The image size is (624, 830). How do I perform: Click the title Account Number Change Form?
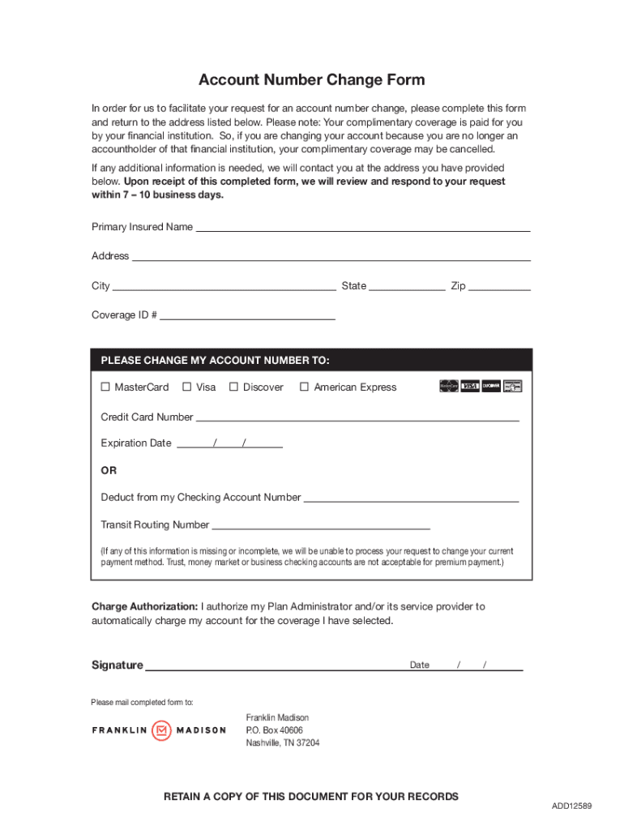coord(311,79)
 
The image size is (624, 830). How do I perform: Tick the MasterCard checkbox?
coord(105,387)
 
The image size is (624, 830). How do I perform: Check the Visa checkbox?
coord(187,387)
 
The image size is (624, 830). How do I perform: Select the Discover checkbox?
coord(234,387)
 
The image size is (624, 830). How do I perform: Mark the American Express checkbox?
coord(305,387)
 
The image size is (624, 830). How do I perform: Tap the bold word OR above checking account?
coord(109,470)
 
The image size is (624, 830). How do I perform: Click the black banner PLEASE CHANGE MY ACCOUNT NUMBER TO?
coord(311,360)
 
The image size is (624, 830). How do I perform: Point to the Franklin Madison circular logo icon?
coord(161,730)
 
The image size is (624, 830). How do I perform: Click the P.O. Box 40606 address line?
coord(275,730)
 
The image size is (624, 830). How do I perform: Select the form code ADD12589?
coord(572,806)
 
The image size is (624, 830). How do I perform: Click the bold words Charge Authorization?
coord(144,606)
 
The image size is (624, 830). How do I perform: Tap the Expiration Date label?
coord(136,443)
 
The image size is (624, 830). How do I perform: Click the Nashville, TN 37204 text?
coord(283,742)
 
